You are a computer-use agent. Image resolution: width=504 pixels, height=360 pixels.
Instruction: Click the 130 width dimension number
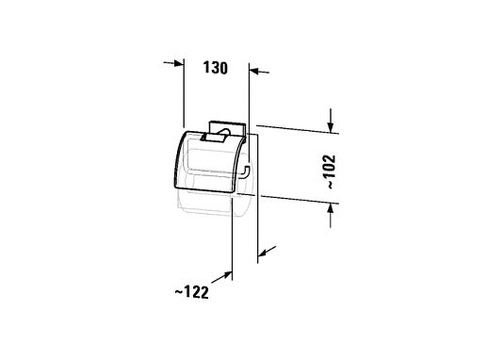(x=216, y=68)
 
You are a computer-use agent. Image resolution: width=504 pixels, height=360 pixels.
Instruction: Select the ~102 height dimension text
(x=331, y=172)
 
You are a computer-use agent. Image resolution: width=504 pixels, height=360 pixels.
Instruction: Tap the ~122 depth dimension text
(x=191, y=292)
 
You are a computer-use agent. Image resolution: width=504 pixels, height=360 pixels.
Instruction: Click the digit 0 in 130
(x=223, y=68)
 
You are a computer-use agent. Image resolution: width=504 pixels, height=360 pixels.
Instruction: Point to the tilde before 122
(x=179, y=292)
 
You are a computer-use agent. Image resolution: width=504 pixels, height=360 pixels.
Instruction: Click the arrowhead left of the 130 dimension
(x=179, y=63)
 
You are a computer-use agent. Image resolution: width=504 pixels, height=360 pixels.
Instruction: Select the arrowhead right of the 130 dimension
(x=254, y=71)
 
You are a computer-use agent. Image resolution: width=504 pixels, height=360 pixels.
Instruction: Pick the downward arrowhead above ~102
(x=331, y=127)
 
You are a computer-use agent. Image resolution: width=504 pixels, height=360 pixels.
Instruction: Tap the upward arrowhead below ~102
(x=331, y=209)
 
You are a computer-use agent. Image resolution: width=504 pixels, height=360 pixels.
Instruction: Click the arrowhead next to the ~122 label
(x=227, y=275)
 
